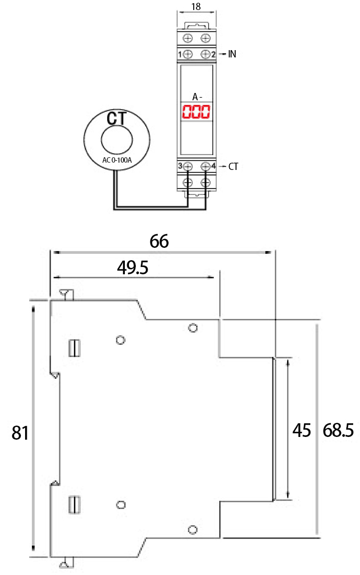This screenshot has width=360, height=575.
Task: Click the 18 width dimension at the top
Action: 196,6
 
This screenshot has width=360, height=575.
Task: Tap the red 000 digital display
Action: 196,112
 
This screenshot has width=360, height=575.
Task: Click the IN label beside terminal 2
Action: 232,54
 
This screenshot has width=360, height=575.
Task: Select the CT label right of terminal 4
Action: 233,167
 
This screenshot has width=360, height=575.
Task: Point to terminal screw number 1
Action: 188,54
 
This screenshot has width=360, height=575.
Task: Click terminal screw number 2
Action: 206,54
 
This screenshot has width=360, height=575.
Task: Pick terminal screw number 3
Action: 188,167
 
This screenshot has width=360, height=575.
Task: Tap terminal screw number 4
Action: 206,167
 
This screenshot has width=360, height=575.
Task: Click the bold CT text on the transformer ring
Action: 117,118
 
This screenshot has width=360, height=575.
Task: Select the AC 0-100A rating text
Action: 117,160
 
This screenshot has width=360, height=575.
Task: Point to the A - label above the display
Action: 197,97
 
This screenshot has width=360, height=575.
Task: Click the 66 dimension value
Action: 159,241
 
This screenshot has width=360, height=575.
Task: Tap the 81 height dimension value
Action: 20,433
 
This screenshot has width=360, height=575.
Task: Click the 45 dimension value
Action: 301,430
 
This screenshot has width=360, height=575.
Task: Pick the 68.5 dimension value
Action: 338,430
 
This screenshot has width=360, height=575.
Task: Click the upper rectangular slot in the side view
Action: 73,348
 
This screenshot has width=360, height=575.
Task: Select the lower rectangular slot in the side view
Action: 73,505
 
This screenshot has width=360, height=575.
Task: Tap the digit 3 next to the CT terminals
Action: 180,166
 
